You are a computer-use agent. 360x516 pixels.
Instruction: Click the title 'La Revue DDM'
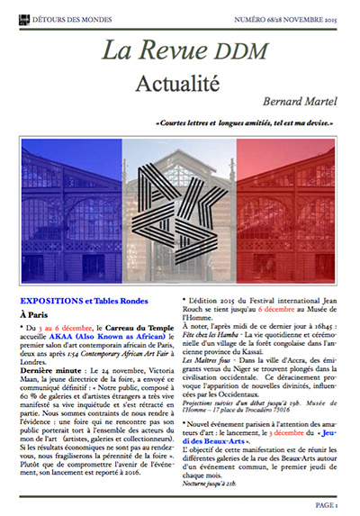(x=180, y=51)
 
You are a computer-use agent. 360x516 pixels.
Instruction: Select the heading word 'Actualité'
(x=180, y=84)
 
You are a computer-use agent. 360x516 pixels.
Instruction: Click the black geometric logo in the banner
(x=181, y=204)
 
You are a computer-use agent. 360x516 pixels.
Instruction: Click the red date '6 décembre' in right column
(x=284, y=306)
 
